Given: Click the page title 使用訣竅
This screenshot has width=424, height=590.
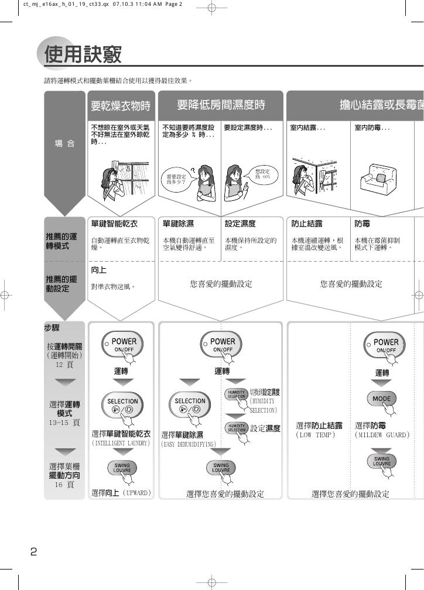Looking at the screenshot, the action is (x=83, y=54).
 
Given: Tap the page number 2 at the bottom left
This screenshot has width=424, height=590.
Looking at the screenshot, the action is (x=33, y=551).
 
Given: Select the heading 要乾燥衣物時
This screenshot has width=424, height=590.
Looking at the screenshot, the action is (x=121, y=106).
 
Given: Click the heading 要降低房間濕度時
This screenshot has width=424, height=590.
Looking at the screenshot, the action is (x=221, y=105).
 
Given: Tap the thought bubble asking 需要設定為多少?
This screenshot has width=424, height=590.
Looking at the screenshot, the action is (x=176, y=179).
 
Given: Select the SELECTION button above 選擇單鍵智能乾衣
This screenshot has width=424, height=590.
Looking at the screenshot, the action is (x=122, y=404).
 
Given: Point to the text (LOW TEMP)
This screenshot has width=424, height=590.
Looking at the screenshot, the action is (x=316, y=435).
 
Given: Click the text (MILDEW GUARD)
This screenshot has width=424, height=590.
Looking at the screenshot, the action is (x=382, y=435).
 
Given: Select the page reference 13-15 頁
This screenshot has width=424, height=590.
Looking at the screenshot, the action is (x=64, y=422).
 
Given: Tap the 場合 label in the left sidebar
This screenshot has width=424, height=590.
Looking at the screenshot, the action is (x=64, y=144).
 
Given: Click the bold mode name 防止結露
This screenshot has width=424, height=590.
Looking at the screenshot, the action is (x=307, y=224).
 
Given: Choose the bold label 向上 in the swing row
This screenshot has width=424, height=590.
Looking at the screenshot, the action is (x=98, y=270).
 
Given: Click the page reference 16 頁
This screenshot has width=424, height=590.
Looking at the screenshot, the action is (x=64, y=485).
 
